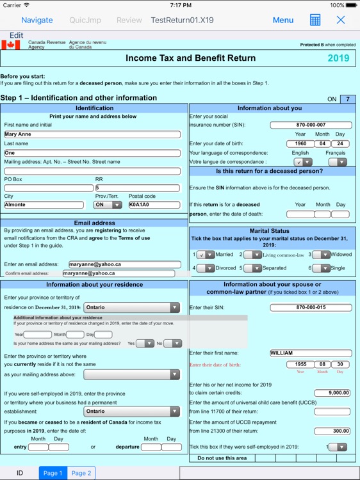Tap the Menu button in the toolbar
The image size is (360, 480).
tap(282, 20)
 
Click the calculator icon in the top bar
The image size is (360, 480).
tap(315, 20)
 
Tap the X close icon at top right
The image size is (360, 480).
tap(341, 20)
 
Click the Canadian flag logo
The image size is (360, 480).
tap(11, 45)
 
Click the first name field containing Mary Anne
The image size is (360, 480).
tap(92, 134)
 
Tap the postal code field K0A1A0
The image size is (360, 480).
tap(154, 205)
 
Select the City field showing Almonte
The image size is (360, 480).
tap(44, 205)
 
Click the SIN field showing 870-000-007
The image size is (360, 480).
tap(311, 125)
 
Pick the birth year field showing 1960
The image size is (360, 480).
tap(300, 144)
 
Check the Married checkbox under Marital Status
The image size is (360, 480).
tap(205, 254)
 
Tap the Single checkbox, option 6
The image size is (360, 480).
tap(320, 268)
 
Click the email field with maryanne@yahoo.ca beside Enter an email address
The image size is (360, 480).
tap(121, 264)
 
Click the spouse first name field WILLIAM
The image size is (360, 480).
tap(311, 353)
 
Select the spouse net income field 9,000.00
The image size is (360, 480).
tap(332, 393)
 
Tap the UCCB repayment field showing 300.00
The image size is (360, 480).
tap(332, 431)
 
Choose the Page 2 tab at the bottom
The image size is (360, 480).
tap(81, 473)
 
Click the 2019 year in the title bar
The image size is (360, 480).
tap(338, 58)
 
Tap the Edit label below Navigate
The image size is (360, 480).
tap(16, 35)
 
